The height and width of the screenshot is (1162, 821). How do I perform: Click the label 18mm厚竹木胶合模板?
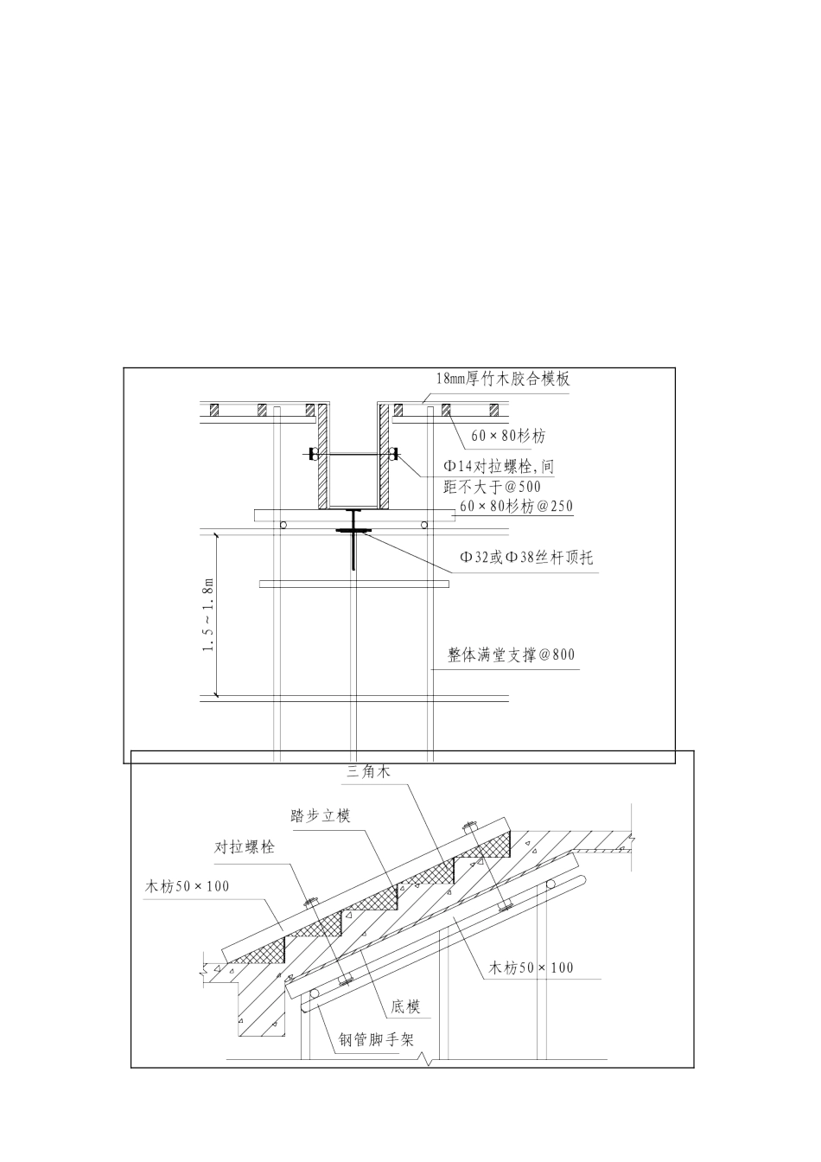tap(503, 379)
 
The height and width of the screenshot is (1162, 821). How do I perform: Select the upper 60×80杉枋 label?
tap(508, 437)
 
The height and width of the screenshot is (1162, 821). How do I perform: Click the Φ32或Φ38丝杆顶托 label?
tap(526, 558)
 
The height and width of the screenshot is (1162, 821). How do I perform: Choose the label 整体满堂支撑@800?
tap(510, 654)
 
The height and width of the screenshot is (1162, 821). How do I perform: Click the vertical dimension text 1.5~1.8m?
tap(207, 616)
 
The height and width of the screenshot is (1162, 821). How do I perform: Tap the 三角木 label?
tap(369, 772)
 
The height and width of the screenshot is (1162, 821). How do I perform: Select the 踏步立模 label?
tap(320, 815)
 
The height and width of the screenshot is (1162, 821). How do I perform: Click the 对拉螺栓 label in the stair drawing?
tap(245, 848)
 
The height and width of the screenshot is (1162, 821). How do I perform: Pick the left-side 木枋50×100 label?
tap(188, 886)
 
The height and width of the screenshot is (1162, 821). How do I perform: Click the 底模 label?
tap(404, 1006)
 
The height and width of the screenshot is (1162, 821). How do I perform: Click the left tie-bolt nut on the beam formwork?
tap(311, 454)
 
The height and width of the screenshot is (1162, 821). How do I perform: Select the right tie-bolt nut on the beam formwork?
tap(394, 454)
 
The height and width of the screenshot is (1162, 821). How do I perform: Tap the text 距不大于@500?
tap(492, 487)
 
